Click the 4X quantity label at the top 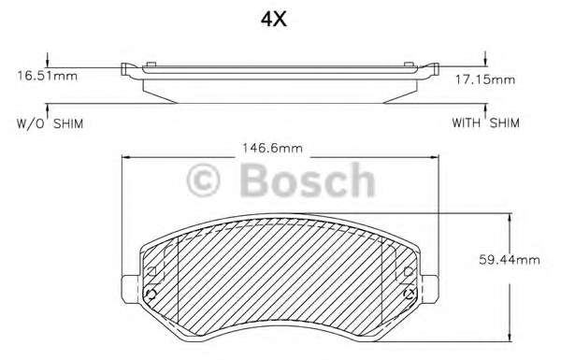tap(274, 19)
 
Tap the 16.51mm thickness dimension tap(48, 76)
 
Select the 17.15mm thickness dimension tap(484, 79)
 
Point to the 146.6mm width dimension tap(273, 148)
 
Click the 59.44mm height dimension tap(510, 260)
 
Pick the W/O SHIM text tap(50, 123)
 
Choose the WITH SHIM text tap(485, 123)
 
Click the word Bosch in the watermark tap(308, 180)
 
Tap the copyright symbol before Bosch tap(203, 180)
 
